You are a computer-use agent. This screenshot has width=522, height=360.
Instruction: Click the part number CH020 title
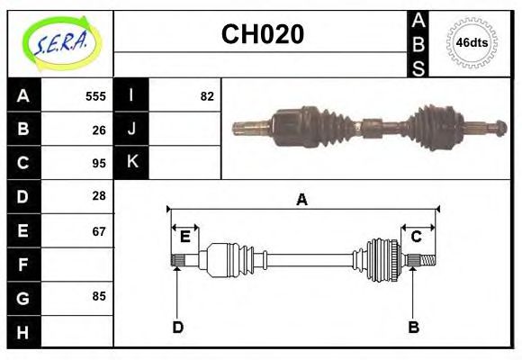coord(262,34)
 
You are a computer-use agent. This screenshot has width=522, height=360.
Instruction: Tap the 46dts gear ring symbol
coord(472,42)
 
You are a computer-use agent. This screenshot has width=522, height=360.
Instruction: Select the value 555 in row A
coord(95,96)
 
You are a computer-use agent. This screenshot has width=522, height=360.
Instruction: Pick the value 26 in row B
coord(99,129)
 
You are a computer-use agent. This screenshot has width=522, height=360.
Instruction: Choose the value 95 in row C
coord(99,163)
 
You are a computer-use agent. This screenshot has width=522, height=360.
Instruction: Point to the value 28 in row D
coord(99,195)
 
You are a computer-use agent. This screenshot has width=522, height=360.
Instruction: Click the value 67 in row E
coord(99,231)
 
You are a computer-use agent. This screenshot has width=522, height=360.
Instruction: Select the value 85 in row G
coord(99,296)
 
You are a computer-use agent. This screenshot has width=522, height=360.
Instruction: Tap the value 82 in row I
coord(207,96)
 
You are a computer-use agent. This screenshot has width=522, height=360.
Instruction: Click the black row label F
coord(23,265)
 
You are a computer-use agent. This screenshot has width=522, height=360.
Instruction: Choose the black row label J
coord(132,129)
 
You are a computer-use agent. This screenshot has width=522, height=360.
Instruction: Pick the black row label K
coord(132,163)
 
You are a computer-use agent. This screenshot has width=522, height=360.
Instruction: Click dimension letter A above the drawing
coord(301,200)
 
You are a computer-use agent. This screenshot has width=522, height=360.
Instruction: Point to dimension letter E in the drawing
coord(184,237)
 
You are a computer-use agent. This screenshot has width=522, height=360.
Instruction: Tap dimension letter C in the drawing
coord(416,237)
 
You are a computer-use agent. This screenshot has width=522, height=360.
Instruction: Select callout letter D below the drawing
coord(177,327)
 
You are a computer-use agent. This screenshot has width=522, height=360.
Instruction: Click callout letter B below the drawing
coord(413,327)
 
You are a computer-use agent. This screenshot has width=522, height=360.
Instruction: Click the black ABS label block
coord(418,43)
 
